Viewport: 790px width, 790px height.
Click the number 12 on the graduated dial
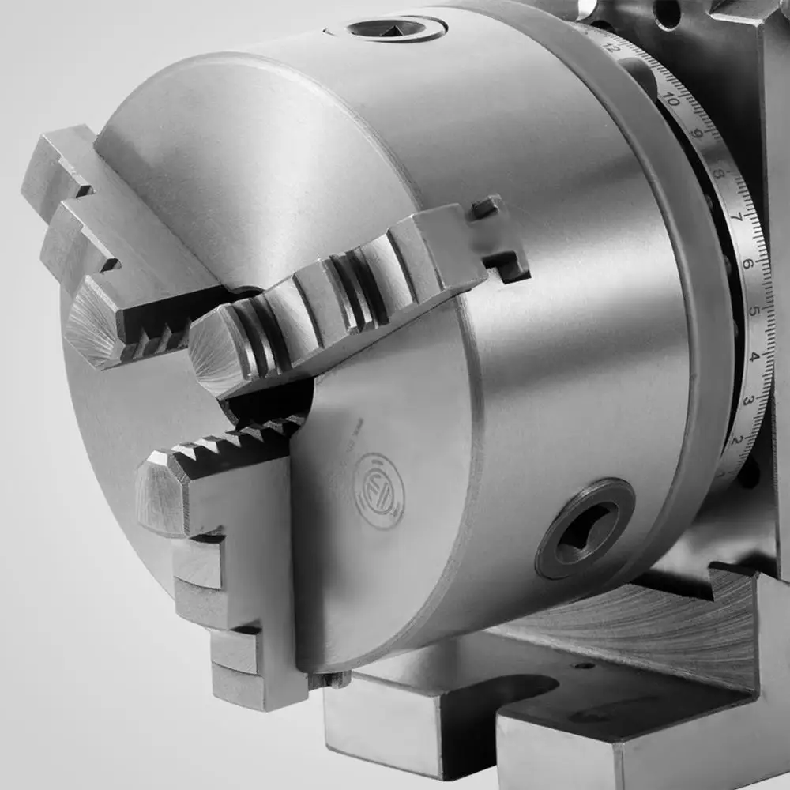pyautogui.click(x=610, y=47)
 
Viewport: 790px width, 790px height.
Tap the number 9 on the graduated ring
pyautogui.click(x=696, y=134)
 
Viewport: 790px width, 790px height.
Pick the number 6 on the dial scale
pyautogui.click(x=747, y=264)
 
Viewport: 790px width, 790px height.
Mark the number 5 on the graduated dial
pyautogui.click(x=753, y=310)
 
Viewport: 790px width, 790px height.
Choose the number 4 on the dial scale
pyautogui.click(x=754, y=357)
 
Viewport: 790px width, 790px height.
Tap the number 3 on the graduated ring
pyautogui.click(x=748, y=401)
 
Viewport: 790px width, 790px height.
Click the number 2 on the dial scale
pyautogui.click(x=738, y=440)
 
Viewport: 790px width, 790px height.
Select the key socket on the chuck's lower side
pyautogui.click(x=585, y=528)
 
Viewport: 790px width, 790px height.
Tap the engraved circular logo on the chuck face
pyautogui.click(x=378, y=480)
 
